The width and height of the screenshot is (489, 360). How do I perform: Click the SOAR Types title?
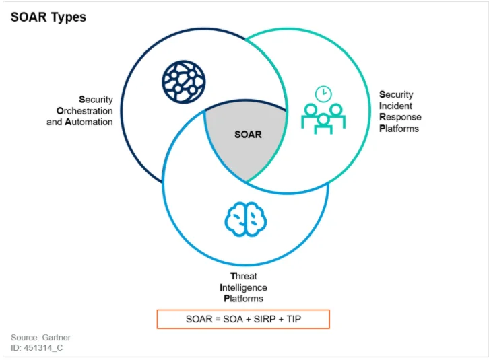[48, 17]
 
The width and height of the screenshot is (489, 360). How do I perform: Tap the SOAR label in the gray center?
[248, 134]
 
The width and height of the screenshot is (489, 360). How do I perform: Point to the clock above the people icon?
[324, 93]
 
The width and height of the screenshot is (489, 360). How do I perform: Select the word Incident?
[397, 106]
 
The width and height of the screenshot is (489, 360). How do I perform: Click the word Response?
[400, 117]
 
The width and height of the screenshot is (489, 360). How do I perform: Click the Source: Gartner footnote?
[40, 337]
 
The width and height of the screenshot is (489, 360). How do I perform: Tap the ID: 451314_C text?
[37, 348]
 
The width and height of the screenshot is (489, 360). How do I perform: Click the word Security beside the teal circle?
[397, 94]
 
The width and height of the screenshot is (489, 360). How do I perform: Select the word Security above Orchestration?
[96, 100]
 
